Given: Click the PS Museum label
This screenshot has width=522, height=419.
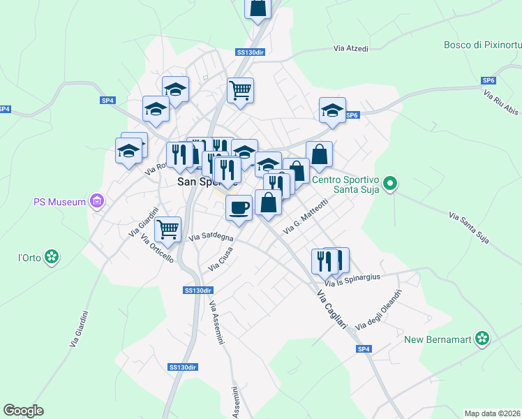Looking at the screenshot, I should point(59,203).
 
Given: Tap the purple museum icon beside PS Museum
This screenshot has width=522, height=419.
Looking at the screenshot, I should point(97,203).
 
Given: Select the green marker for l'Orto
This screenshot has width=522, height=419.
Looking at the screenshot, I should point(51,257).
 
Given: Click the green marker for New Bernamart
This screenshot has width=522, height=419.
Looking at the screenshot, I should point(481,339).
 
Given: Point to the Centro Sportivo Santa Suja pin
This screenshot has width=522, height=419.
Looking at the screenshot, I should point(390,184).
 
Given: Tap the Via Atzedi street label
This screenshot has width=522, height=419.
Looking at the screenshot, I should point(350,49).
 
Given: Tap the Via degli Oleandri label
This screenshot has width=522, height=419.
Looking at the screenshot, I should point(379,309).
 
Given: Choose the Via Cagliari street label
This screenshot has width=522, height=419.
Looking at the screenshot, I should point(332,307).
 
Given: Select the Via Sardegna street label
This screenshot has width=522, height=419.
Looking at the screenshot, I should point(211,237).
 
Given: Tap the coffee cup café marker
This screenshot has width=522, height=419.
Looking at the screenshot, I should point(239,207).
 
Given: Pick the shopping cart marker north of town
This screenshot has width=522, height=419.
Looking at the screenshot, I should point(240,89).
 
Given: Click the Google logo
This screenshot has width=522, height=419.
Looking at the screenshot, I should point(23,411).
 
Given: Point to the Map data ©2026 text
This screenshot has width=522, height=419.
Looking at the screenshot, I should point(492,413).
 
